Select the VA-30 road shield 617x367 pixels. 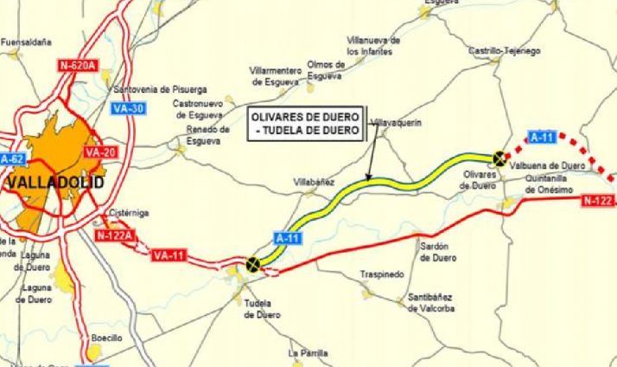(127, 108)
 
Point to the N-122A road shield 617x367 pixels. (113, 235)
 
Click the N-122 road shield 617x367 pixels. (597, 201)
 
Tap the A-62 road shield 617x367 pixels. (11, 159)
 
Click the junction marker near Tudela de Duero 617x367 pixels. (252, 265)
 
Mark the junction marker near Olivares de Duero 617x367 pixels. (499, 158)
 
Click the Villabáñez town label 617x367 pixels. (313, 183)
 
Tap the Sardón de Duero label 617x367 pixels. (438, 252)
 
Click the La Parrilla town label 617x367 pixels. (308, 353)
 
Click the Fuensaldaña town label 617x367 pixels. (27, 42)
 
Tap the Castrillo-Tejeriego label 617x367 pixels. (504, 51)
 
